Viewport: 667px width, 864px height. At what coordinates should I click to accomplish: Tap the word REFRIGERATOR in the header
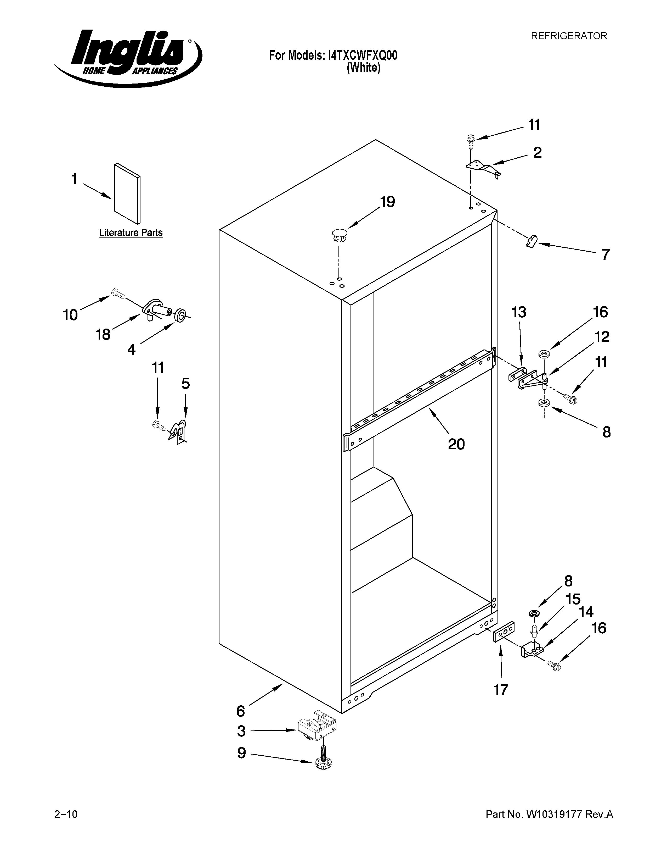click(569, 36)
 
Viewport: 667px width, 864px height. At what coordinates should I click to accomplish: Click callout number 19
click(387, 202)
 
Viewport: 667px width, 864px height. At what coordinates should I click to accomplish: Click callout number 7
click(605, 254)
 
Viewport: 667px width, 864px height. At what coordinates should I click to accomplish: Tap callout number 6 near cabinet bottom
click(241, 711)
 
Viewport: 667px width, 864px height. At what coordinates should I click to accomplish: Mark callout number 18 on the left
click(103, 335)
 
